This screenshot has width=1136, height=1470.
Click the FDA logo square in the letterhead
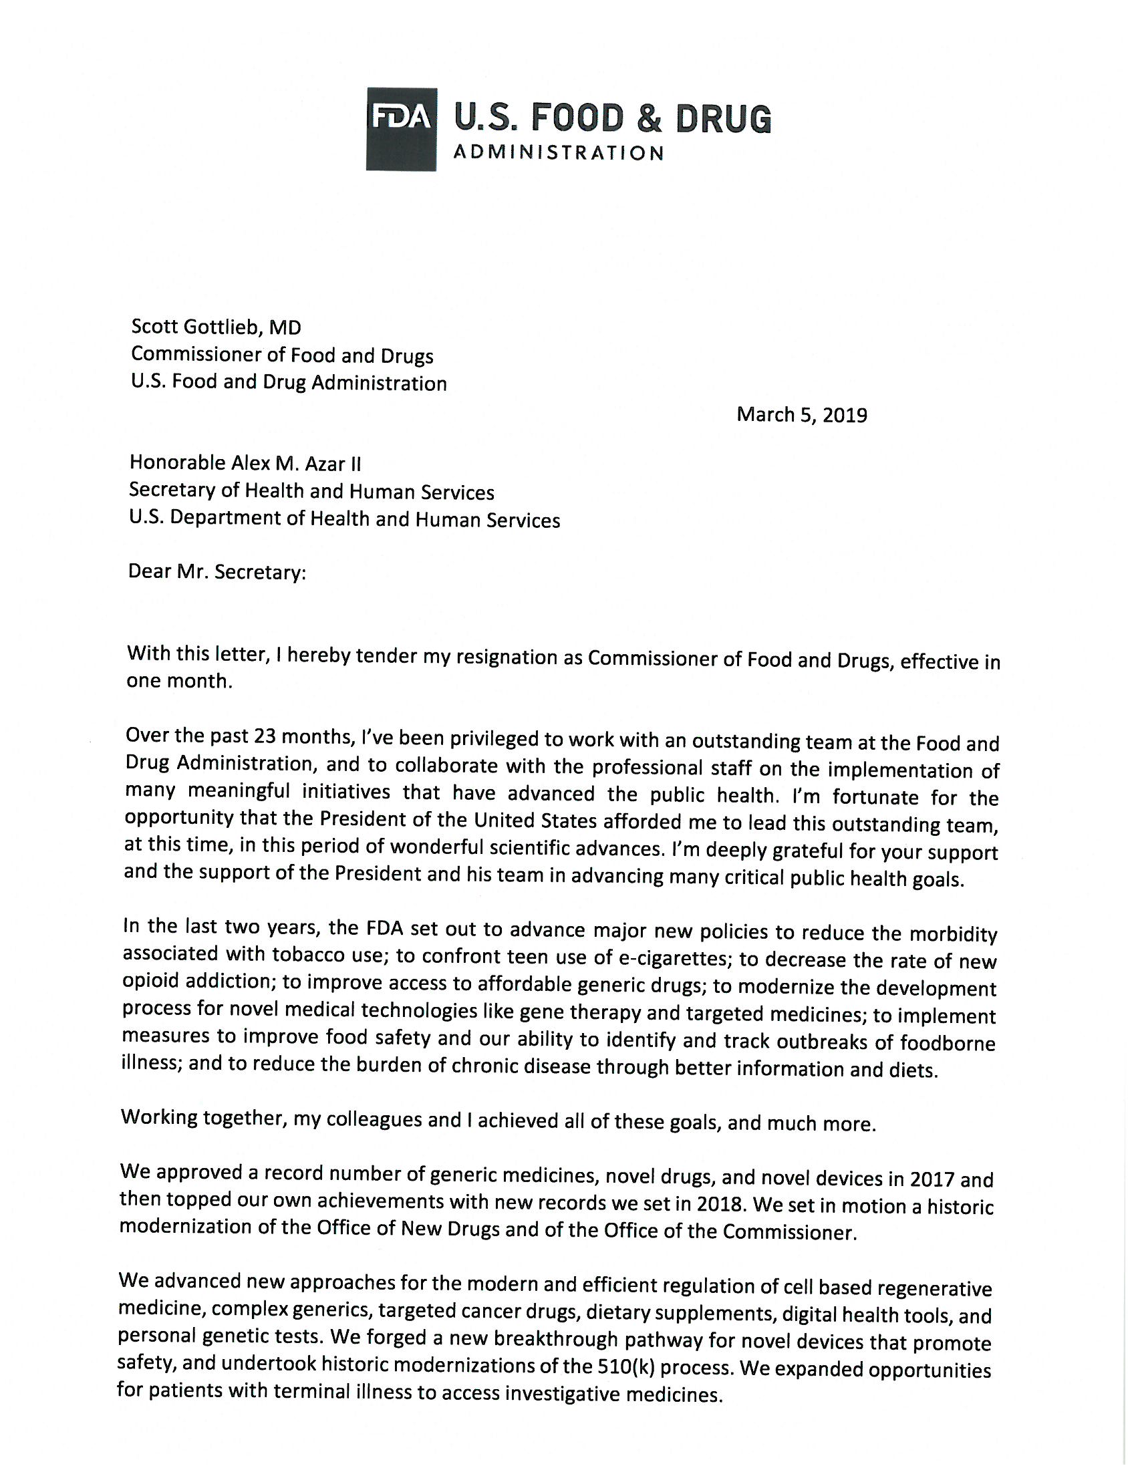[401, 128]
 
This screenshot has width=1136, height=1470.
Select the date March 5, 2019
[801, 414]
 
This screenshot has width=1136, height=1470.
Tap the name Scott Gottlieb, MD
[216, 327]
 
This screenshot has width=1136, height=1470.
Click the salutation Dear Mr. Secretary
[217, 573]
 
